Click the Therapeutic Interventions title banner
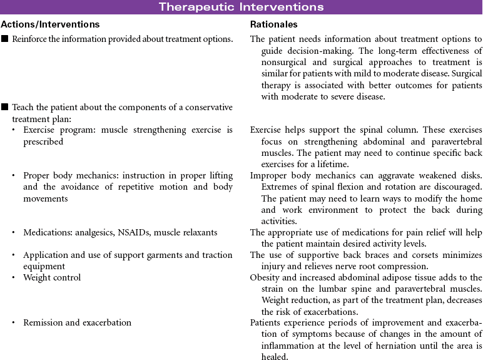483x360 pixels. coord(241,7)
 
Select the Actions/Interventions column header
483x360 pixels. coord(50,24)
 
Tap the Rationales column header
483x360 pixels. coord(273,24)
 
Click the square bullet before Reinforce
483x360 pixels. coord(4,39)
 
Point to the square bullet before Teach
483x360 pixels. coord(4,107)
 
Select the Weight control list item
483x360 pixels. coord(52,277)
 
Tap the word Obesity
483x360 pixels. coord(265,277)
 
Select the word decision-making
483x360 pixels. coord(325,50)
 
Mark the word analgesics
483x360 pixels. coord(97,232)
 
